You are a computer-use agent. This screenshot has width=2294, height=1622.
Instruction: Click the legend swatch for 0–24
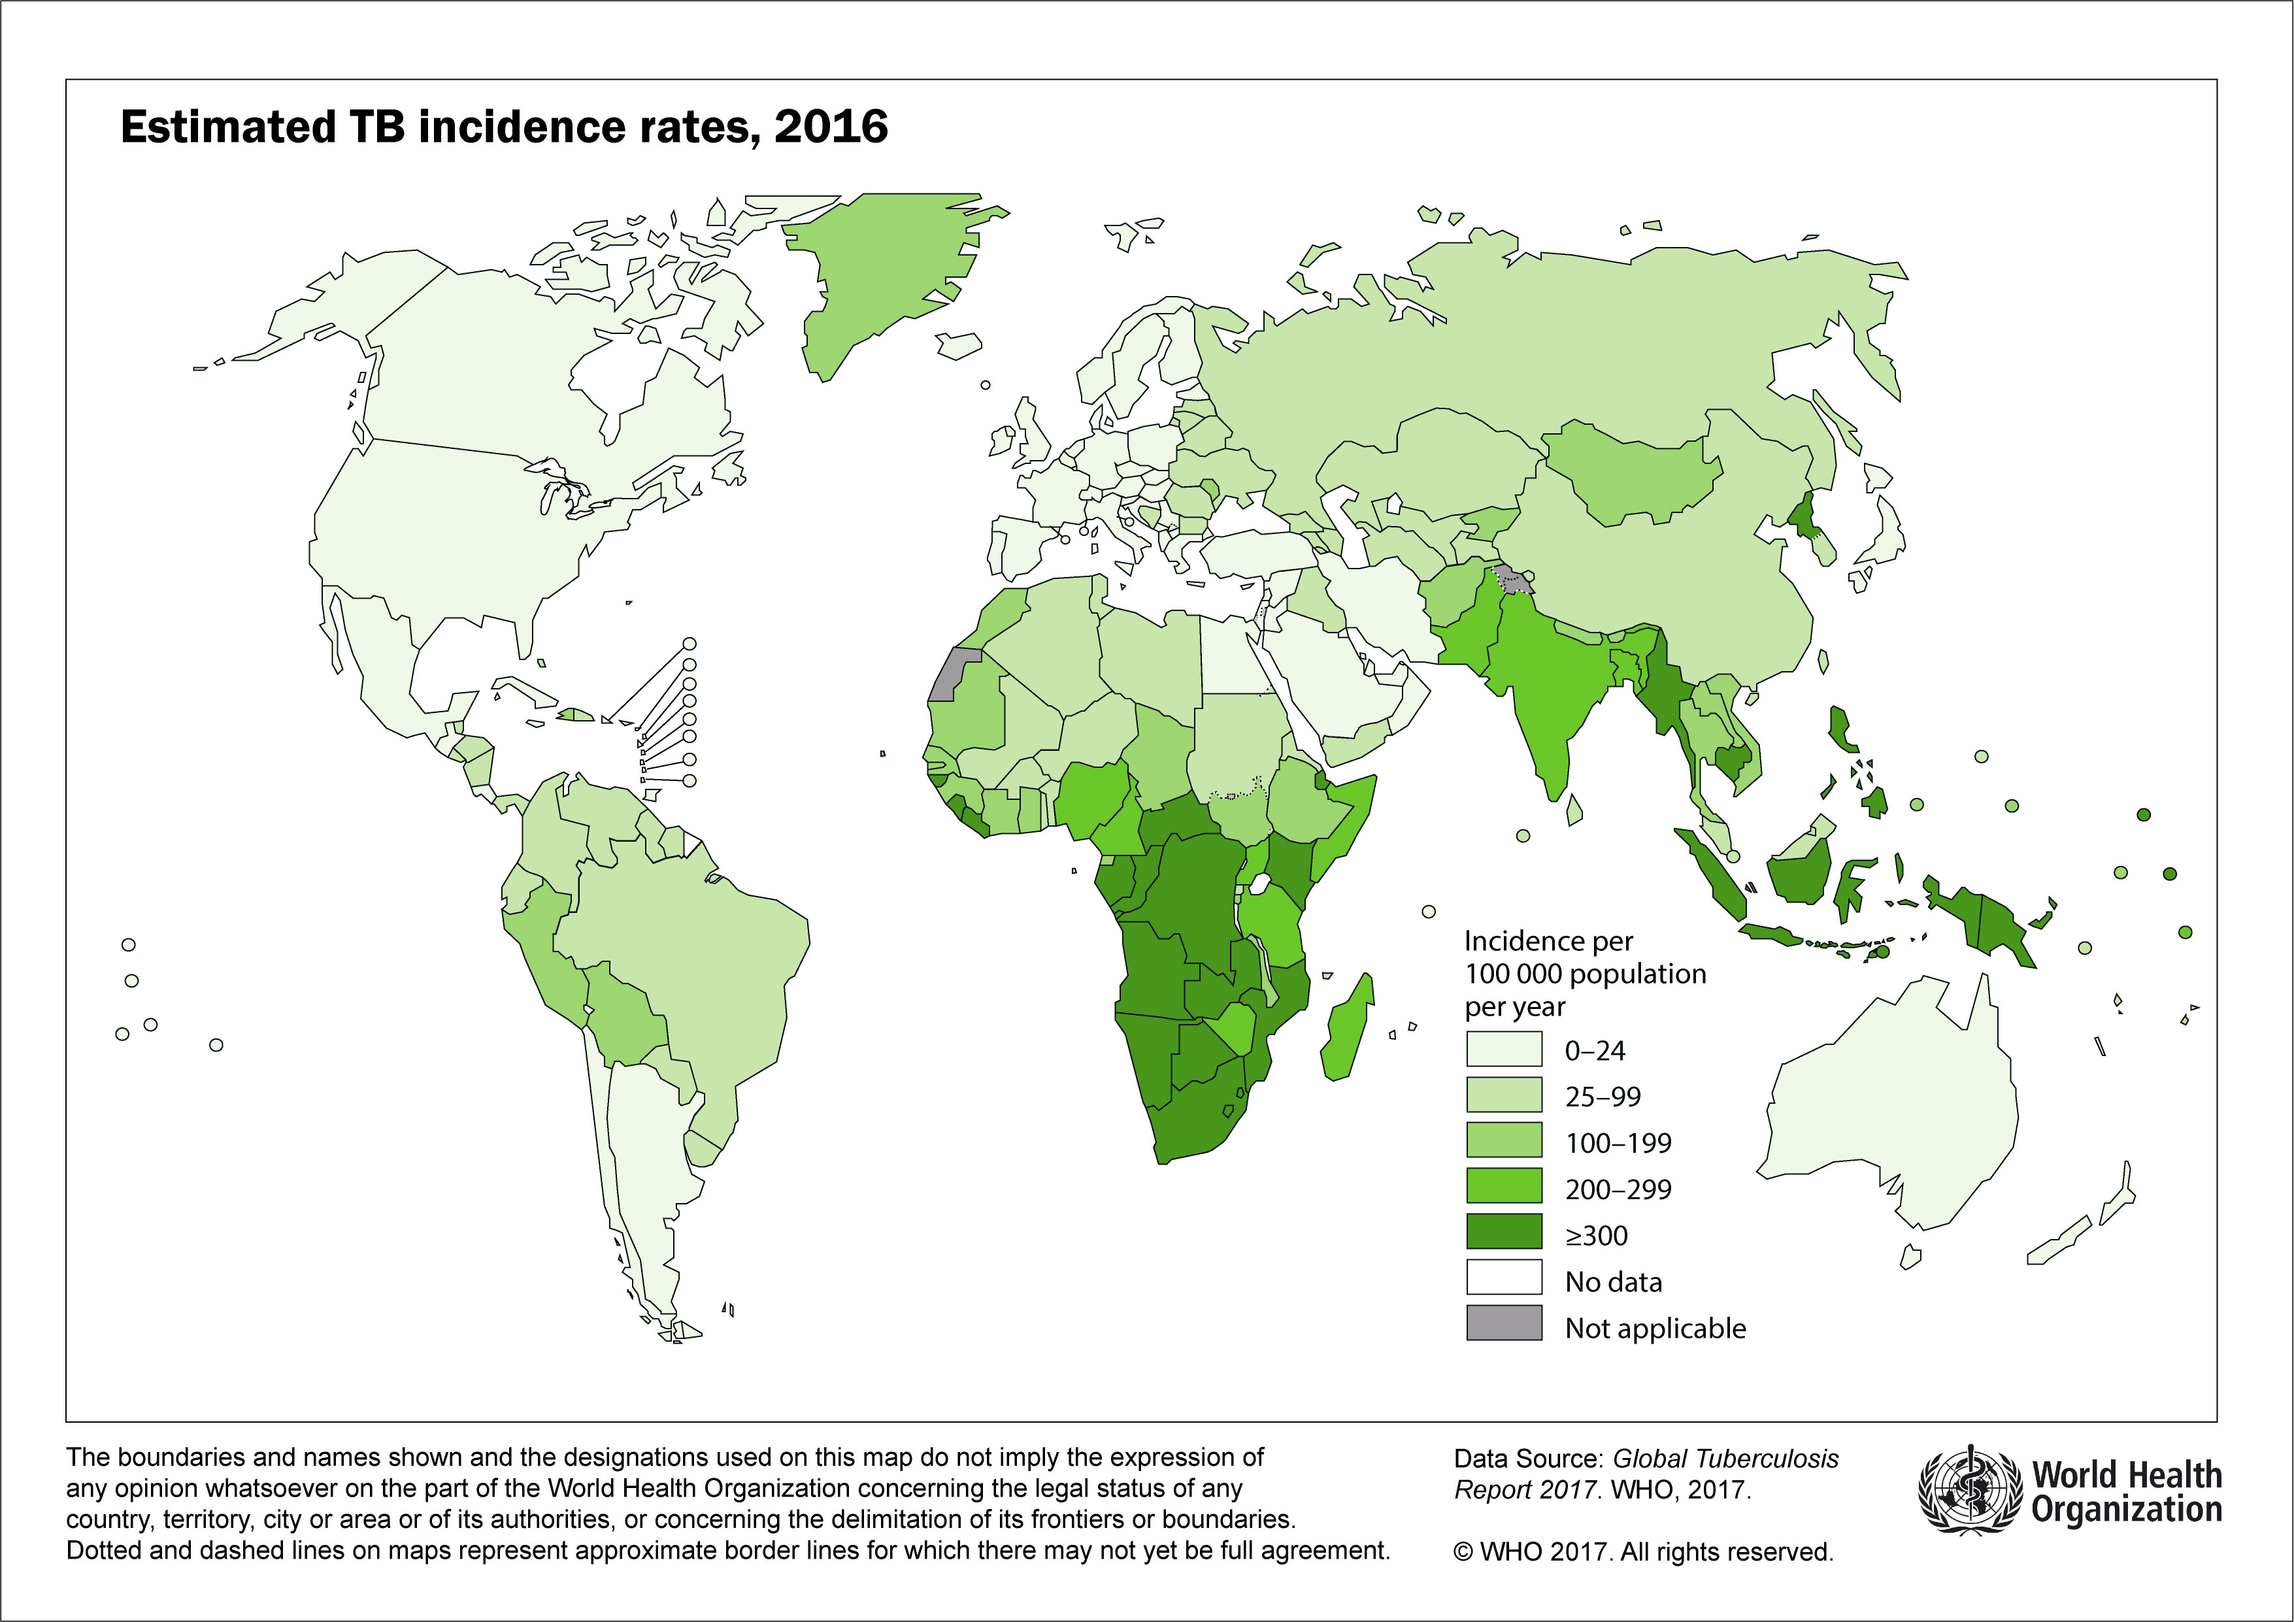point(1504,1049)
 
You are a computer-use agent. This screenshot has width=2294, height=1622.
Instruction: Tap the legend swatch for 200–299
point(1504,1187)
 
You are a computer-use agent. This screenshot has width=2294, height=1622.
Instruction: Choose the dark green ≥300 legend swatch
point(1504,1233)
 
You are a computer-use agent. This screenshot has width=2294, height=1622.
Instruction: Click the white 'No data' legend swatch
point(1504,1280)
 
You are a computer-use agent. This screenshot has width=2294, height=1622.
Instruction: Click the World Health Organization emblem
point(1969,1491)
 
